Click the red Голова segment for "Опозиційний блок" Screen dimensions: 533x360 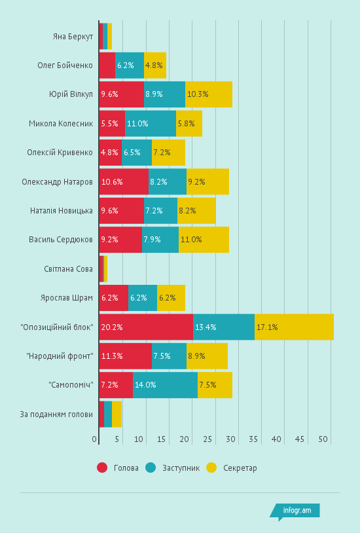tap(146, 327)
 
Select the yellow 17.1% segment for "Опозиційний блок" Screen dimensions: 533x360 tap(294, 327)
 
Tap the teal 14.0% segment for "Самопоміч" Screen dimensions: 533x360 tap(165, 385)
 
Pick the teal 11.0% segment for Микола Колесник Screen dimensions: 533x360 tap(151, 123)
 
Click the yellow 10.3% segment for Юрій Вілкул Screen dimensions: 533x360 tap(209, 94)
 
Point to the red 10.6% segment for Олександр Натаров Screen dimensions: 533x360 tap(124, 181)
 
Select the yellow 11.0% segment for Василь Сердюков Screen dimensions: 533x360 tap(204, 240)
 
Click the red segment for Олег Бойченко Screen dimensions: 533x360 tap(107, 65)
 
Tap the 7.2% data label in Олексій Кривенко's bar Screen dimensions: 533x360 tap(161, 153)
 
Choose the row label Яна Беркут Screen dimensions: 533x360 tap(73, 36)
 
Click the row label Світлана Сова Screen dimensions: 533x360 tap(68, 268)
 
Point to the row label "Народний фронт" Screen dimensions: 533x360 tap(60, 356)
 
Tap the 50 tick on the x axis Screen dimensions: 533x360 tap(323, 439)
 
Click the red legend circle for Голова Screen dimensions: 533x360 tap(102, 468)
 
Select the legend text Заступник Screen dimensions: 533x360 tap(181, 468)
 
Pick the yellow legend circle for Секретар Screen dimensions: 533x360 tap(211, 468)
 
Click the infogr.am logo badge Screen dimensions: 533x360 tap(295, 511)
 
